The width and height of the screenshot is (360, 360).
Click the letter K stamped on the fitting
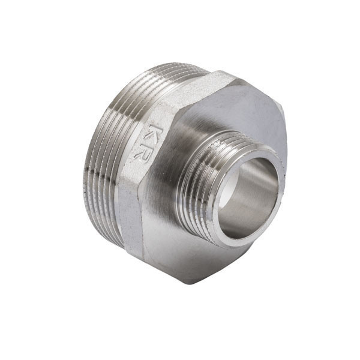pyautogui.click(x=155, y=134)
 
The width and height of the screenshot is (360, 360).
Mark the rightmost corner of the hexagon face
pyautogui.click(x=287, y=150)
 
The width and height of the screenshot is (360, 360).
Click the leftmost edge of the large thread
pyautogui.click(x=80, y=180)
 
